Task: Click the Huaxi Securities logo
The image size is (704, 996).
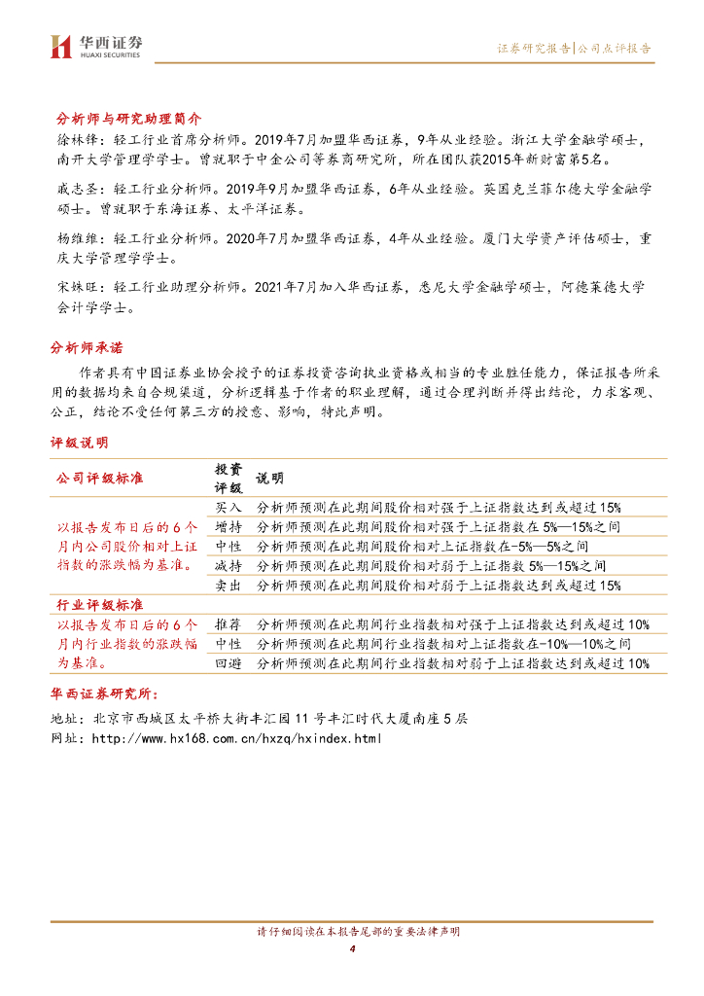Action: pos(96,45)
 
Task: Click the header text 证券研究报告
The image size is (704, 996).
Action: pos(534,48)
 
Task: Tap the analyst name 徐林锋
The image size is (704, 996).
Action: pos(68,140)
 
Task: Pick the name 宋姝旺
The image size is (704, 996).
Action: pos(68,287)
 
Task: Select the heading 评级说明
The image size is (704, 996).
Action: pos(80,442)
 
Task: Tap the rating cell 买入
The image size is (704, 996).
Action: pos(229,508)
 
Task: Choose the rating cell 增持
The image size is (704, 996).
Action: pos(229,526)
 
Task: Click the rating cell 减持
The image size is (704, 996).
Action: pos(229,565)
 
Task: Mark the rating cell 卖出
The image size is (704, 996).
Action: pos(229,585)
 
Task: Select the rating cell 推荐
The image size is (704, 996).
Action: pos(229,624)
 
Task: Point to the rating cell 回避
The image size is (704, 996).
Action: pos(229,663)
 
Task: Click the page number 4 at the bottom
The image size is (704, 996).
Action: pos(352,949)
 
